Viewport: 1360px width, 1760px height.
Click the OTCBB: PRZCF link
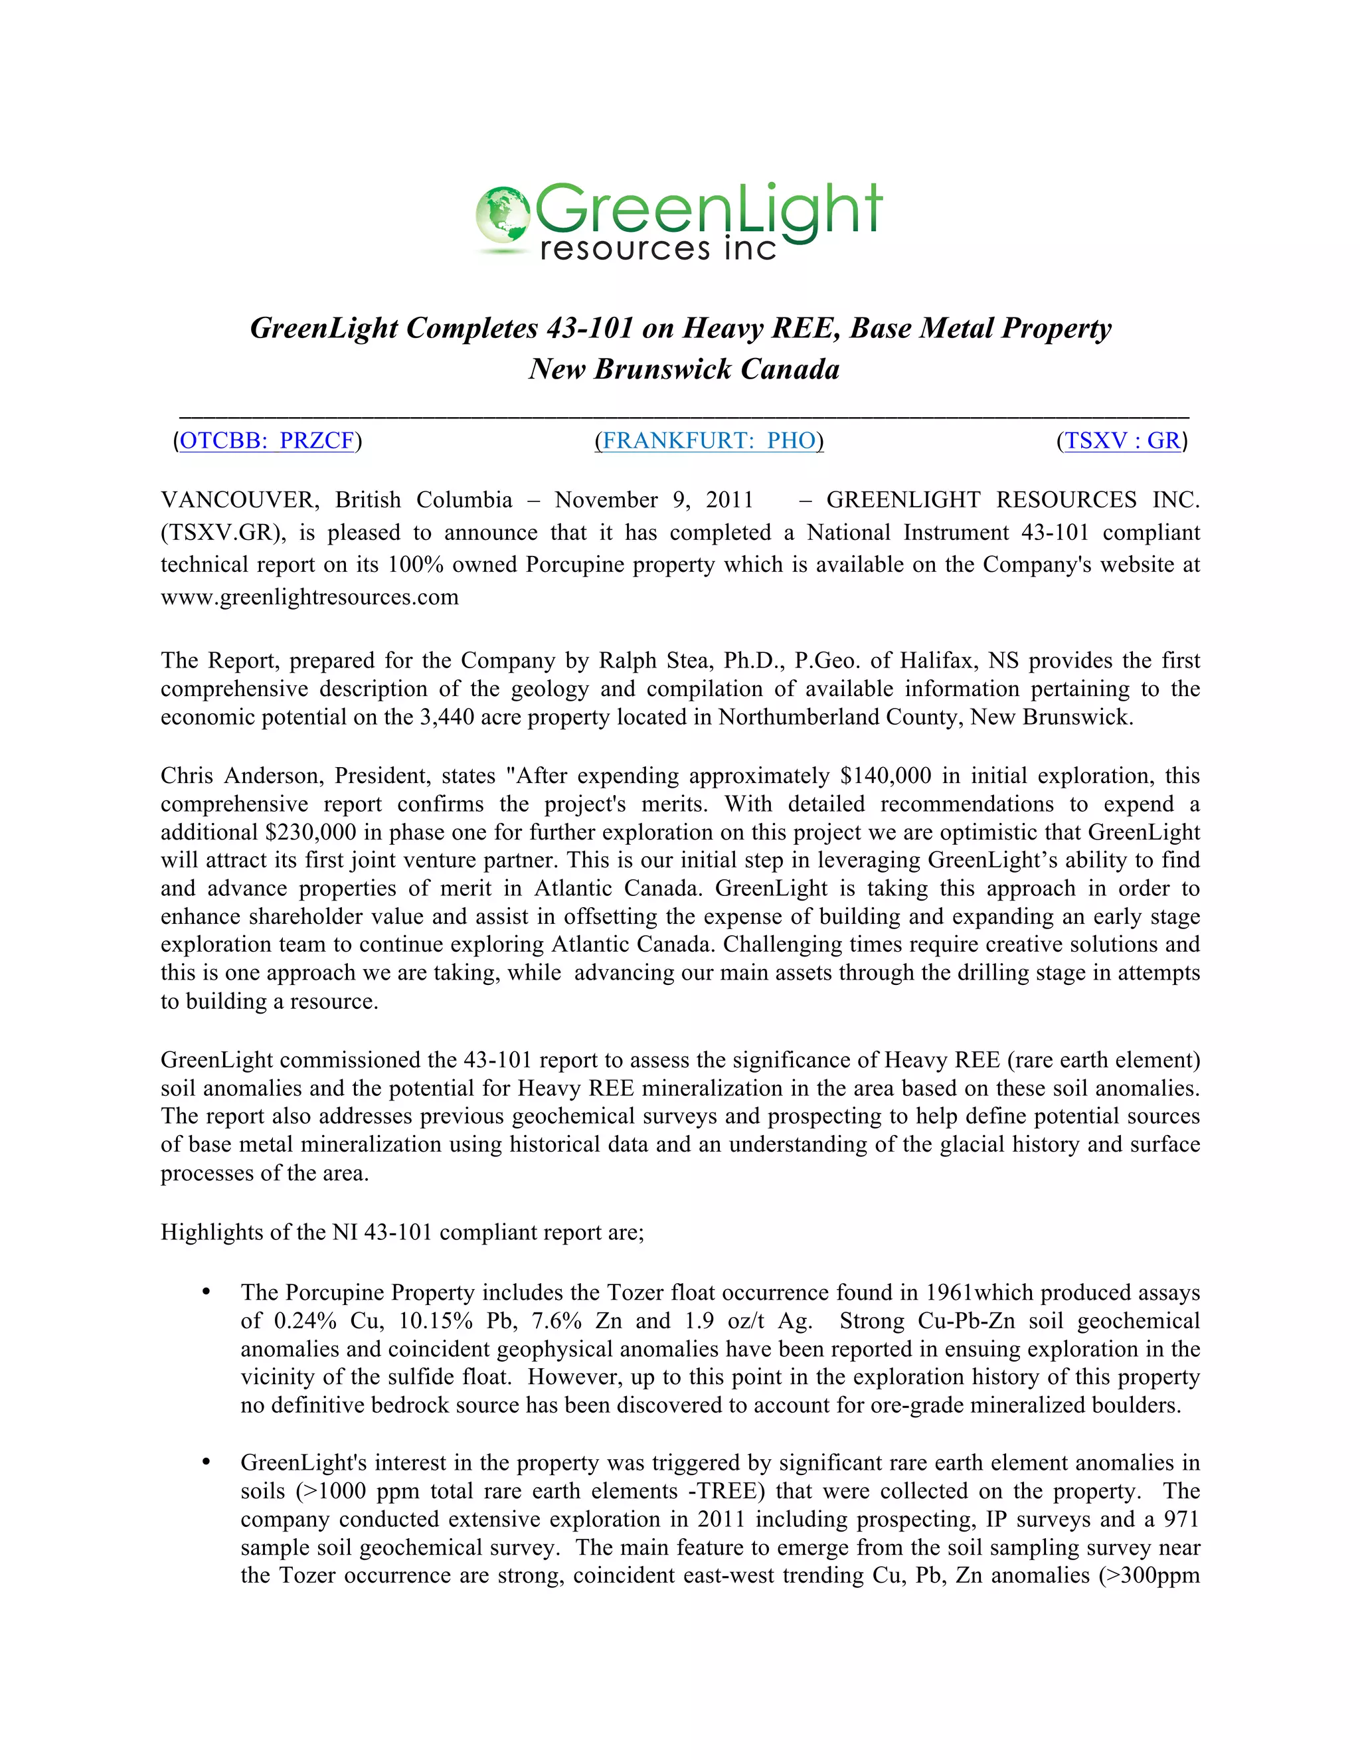point(267,441)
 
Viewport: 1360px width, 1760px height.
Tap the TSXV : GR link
point(1122,441)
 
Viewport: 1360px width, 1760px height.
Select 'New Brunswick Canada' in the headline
point(683,369)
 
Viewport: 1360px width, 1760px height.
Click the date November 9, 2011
point(653,501)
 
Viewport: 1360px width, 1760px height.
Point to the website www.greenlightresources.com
point(309,597)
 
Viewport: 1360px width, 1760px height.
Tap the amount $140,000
point(885,776)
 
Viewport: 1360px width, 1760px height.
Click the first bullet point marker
point(207,1292)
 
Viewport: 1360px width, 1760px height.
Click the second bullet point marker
point(207,1462)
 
